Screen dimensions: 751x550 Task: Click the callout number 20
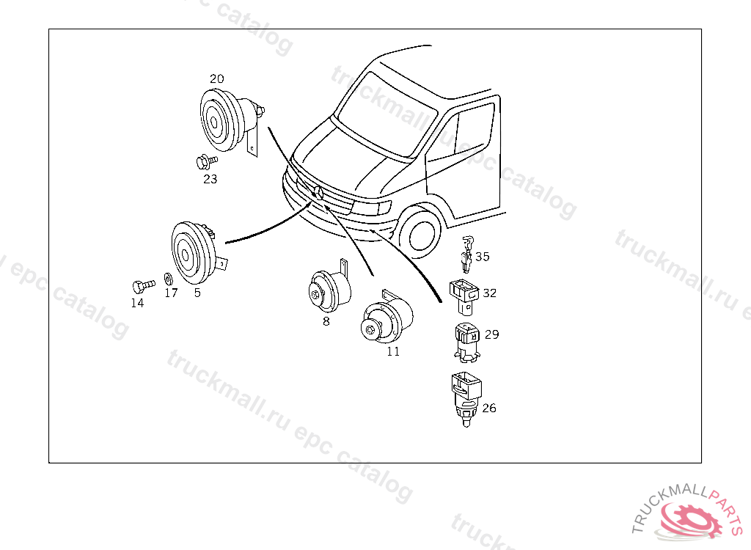pyautogui.click(x=217, y=78)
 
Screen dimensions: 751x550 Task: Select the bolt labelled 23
pyautogui.click(x=206, y=162)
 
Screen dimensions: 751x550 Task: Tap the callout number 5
pyautogui.click(x=197, y=293)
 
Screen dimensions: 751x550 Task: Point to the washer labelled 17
pyautogui.click(x=168, y=279)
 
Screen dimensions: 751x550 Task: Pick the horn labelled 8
pyautogui.click(x=329, y=288)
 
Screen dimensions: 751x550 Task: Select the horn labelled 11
pyautogui.click(x=386, y=317)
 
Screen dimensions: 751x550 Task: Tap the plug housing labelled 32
pyautogui.click(x=464, y=297)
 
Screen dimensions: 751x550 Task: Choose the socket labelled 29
pyautogui.click(x=466, y=342)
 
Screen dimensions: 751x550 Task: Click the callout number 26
pyautogui.click(x=489, y=408)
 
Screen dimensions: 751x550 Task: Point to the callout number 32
pyautogui.click(x=489, y=293)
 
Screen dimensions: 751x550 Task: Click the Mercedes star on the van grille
pyautogui.click(x=318, y=193)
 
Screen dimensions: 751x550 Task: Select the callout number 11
pyautogui.click(x=393, y=352)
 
